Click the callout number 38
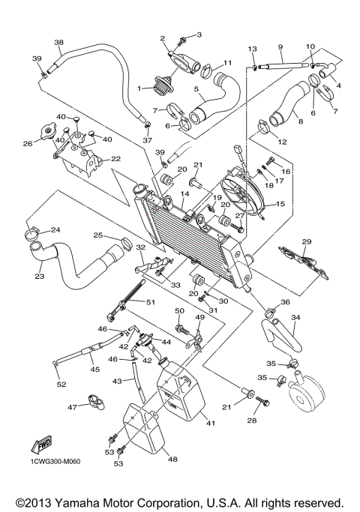(x=58, y=42)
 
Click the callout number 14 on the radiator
(x=184, y=193)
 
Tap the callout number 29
(x=306, y=241)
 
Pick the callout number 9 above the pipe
(x=280, y=46)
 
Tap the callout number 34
(x=296, y=318)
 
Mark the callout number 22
(x=115, y=159)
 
